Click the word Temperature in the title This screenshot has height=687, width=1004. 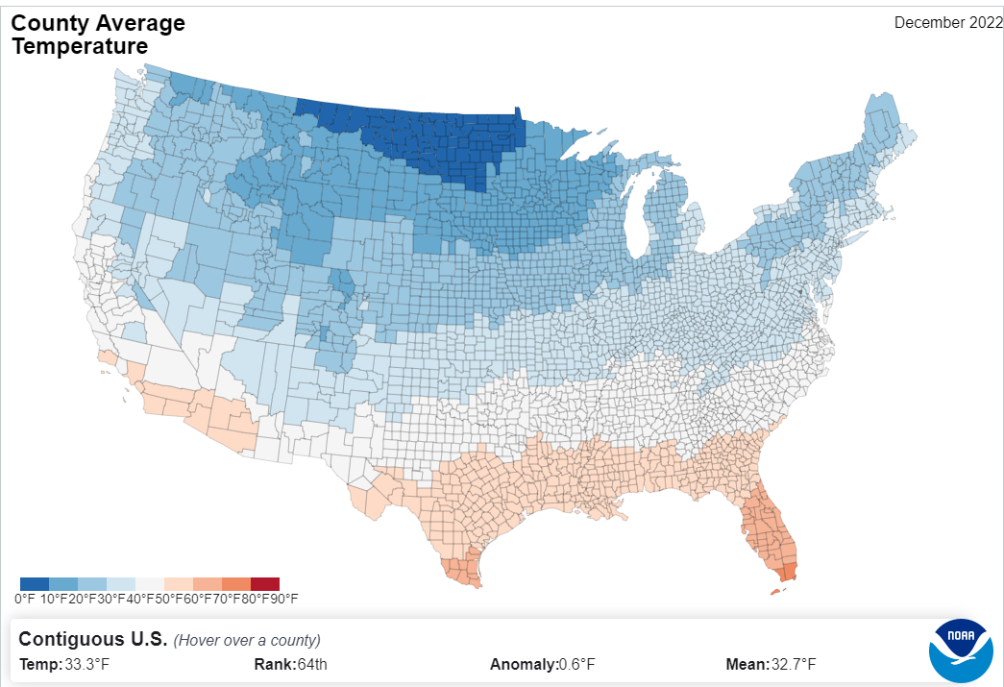pyautogui.click(x=80, y=46)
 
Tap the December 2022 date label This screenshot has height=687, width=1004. pyautogui.click(x=947, y=23)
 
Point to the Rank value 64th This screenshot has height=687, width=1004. pyautogui.click(x=311, y=665)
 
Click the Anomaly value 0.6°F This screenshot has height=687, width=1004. pyautogui.click(x=576, y=665)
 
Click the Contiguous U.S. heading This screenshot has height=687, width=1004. pyautogui.click(x=93, y=639)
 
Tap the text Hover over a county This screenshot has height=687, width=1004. pyautogui.click(x=247, y=641)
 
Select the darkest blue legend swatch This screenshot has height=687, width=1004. pyautogui.click(x=35, y=584)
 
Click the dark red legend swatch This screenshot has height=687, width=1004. pyautogui.click(x=265, y=584)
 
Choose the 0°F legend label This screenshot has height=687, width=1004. pyautogui.click(x=24, y=600)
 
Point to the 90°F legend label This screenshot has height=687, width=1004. pyautogui.click(x=283, y=600)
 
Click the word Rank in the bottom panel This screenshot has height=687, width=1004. pyautogui.click(x=272, y=665)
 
